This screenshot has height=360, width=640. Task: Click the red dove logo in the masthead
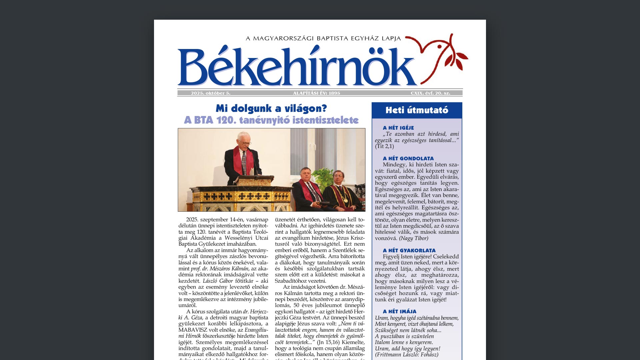[x=437, y=55]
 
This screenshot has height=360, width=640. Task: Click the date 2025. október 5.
[x=211, y=93]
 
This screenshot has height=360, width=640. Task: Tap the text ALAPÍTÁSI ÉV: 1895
[x=317, y=93]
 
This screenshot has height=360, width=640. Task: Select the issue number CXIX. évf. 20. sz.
[x=430, y=93]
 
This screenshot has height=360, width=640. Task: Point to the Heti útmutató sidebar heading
[x=417, y=110]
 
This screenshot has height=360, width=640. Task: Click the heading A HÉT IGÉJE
[x=398, y=128]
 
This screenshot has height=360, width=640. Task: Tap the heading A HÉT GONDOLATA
[x=408, y=159]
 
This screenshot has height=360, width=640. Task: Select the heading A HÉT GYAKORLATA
[x=409, y=251]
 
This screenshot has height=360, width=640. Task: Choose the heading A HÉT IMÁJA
[x=400, y=312]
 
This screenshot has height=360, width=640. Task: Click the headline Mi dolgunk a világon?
[x=271, y=109]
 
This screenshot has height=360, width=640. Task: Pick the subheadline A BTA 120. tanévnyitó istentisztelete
[x=271, y=120]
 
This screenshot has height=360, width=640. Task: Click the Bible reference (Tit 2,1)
[x=384, y=146]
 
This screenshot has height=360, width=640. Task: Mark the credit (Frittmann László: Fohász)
[x=407, y=355]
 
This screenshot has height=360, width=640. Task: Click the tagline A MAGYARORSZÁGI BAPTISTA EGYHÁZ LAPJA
[x=323, y=39]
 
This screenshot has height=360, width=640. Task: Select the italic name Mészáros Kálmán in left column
[x=229, y=269]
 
